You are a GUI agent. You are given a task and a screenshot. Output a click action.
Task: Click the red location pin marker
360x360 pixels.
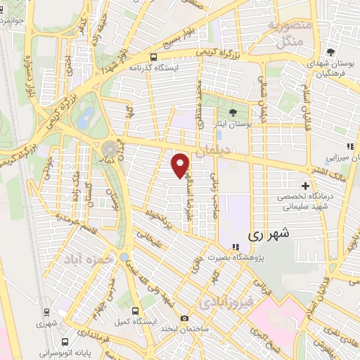(x=181, y=165)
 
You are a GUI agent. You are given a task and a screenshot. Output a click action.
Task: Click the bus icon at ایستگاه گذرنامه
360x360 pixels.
(x=153, y=57)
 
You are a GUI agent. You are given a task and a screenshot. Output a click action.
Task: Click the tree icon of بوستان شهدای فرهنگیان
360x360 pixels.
(x=330, y=52)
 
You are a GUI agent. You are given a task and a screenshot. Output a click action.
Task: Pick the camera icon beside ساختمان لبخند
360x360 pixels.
(x=184, y=318)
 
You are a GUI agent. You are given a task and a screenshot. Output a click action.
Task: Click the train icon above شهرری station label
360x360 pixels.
(x=46, y=311)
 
